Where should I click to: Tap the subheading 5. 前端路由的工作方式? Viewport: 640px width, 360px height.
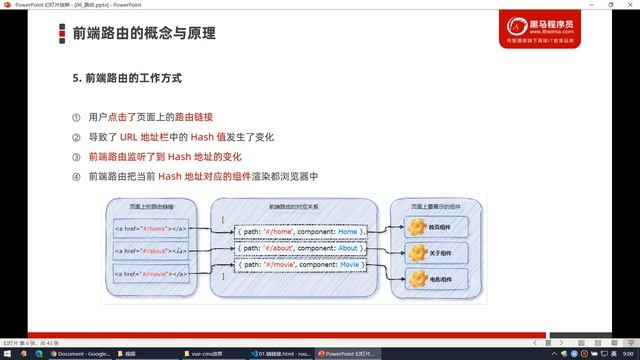[x=126, y=77]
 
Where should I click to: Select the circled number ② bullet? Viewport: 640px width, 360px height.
[x=75, y=137]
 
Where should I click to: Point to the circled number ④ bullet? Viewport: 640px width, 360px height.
[x=75, y=177]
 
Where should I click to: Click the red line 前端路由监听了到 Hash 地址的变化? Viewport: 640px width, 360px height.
[x=164, y=157]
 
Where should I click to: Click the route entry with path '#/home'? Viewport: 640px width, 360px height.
[x=298, y=232]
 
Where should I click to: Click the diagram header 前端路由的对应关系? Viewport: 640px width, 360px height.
[x=298, y=205]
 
